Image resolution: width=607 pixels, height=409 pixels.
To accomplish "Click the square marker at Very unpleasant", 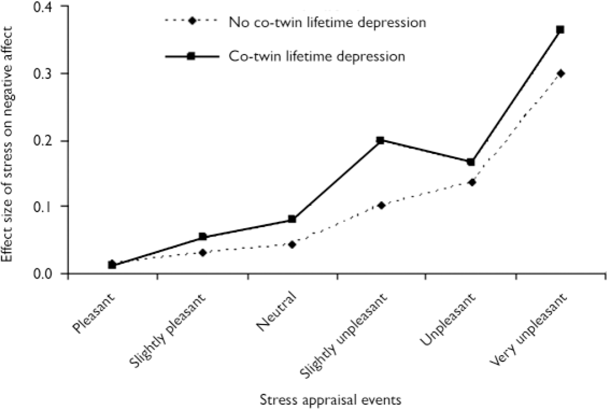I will click(x=561, y=30).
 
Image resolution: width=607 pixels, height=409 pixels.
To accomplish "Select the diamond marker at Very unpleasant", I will click(x=561, y=73).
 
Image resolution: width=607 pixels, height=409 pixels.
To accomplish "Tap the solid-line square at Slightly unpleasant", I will click(x=380, y=140).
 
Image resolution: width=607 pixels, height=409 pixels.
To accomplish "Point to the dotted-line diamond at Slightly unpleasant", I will click(x=381, y=205).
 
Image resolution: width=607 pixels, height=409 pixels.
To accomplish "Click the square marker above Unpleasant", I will click(x=471, y=162).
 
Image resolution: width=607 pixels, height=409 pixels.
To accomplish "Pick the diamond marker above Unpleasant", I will click(x=472, y=182).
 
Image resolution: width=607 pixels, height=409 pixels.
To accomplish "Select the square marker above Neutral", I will click(x=292, y=219).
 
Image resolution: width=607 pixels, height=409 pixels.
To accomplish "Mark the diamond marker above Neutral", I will click(x=292, y=244).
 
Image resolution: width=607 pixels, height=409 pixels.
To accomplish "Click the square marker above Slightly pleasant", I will click(x=203, y=237).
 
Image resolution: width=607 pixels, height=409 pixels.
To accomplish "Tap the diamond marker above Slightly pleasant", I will click(x=203, y=253).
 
